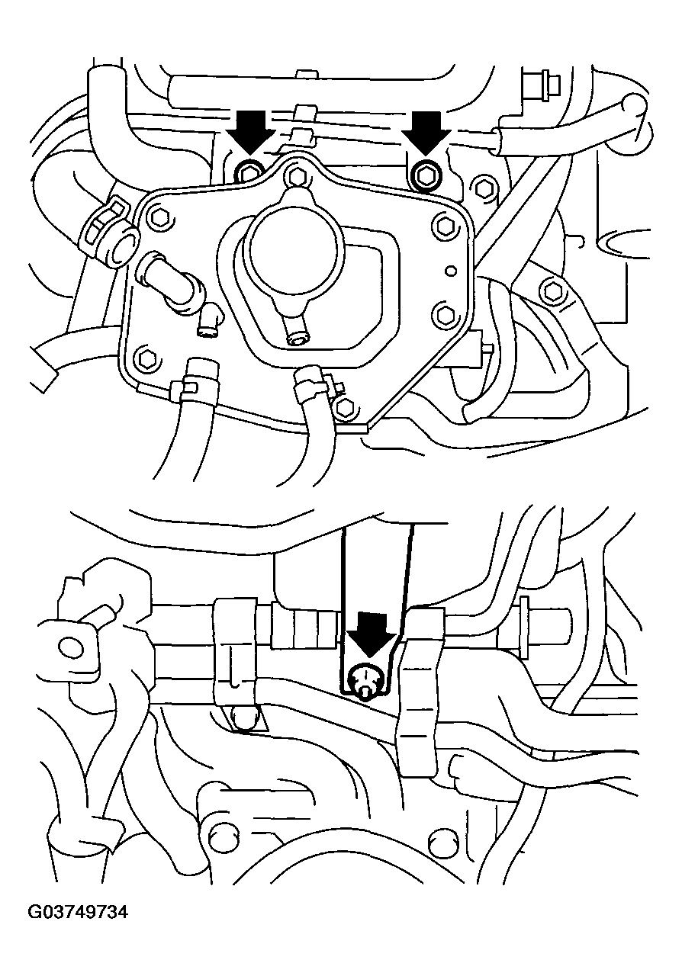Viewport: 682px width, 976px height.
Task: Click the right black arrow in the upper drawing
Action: click(426, 132)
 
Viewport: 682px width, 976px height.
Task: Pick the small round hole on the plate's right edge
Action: click(452, 271)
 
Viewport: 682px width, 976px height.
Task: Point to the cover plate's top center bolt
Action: click(296, 176)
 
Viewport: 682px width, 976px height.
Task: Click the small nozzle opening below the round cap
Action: click(298, 339)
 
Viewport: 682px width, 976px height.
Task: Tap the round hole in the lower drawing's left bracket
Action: click(69, 647)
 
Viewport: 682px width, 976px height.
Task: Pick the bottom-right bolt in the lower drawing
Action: click(439, 836)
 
